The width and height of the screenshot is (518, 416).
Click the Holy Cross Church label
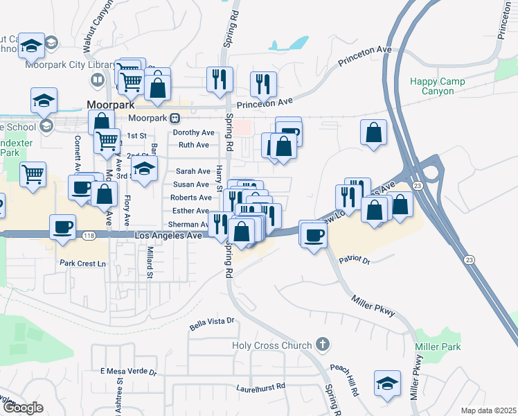tap(271, 345)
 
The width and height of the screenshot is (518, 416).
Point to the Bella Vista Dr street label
tap(213, 322)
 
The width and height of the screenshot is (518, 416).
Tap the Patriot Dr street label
tap(355, 261)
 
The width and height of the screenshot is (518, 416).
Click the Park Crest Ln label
tap(84, 263)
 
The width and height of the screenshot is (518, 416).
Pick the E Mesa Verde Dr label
tap(129, 372)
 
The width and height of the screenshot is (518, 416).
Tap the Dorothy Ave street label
tap(194, 132)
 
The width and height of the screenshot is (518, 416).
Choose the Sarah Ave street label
tap(193, 171)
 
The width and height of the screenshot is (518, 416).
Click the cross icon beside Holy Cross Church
tap(321, 344)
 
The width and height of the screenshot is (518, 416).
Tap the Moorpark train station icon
tap(175, 118)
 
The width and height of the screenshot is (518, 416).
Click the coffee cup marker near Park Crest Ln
tap(63, 227)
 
